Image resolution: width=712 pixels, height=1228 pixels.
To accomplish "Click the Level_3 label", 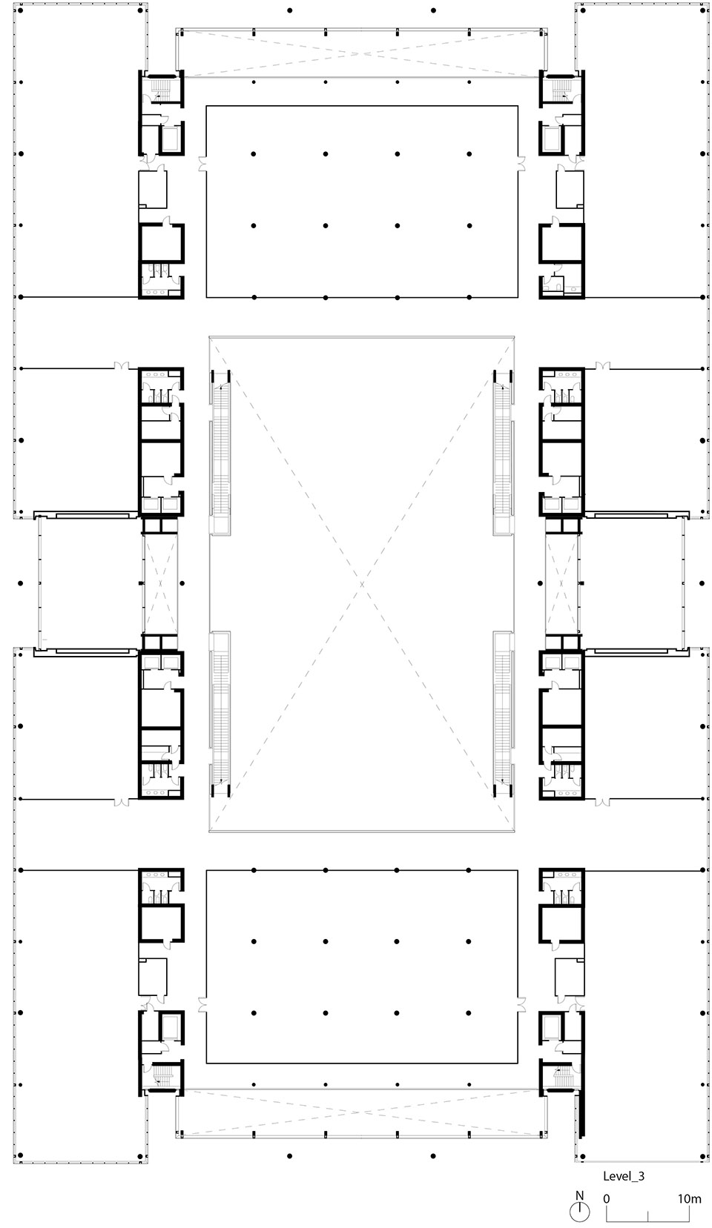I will (x=624, y=1175).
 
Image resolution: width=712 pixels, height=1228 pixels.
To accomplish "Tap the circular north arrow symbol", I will (x=580, y=1212).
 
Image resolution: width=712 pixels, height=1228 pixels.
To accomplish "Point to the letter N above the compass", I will (x=580, y=1195).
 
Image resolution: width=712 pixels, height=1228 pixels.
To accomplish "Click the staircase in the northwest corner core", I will (x=160, y=90).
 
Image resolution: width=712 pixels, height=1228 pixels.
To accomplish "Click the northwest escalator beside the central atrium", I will (x=220, y=452).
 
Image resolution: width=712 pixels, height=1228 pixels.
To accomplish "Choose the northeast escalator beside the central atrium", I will (x=503, y=452).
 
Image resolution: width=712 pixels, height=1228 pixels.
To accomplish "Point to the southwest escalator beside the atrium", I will (x=220, y=711).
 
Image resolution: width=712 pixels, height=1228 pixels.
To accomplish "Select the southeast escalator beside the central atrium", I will (x=503, y=711).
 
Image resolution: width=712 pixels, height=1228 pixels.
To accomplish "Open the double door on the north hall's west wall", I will (x=202, y=163).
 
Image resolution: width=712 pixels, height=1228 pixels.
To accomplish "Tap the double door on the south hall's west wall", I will (x=202, y=1004).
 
